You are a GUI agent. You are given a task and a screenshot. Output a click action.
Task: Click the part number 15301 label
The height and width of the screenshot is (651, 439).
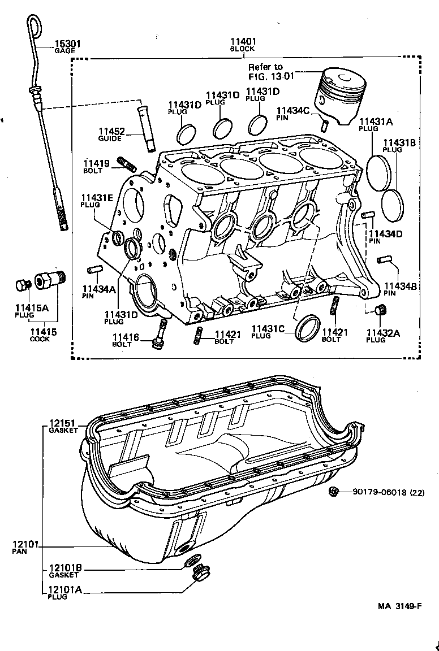coord(67,44)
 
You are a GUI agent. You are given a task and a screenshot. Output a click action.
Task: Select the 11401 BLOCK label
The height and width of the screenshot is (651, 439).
coord(243,42)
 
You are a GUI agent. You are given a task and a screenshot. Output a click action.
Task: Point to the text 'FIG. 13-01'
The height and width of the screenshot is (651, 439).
coord(269,76)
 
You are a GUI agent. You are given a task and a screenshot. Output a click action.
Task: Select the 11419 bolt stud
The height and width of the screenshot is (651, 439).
coord(127,164)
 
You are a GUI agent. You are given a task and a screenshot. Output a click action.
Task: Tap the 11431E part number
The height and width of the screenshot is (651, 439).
coord(97,197)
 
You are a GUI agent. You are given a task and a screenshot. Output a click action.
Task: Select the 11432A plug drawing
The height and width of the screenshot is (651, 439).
coord(380,310)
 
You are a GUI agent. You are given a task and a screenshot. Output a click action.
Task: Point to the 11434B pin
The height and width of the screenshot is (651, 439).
coord(386,259)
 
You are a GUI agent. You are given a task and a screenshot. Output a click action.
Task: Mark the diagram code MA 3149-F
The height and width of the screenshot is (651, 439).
coord(399,606)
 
